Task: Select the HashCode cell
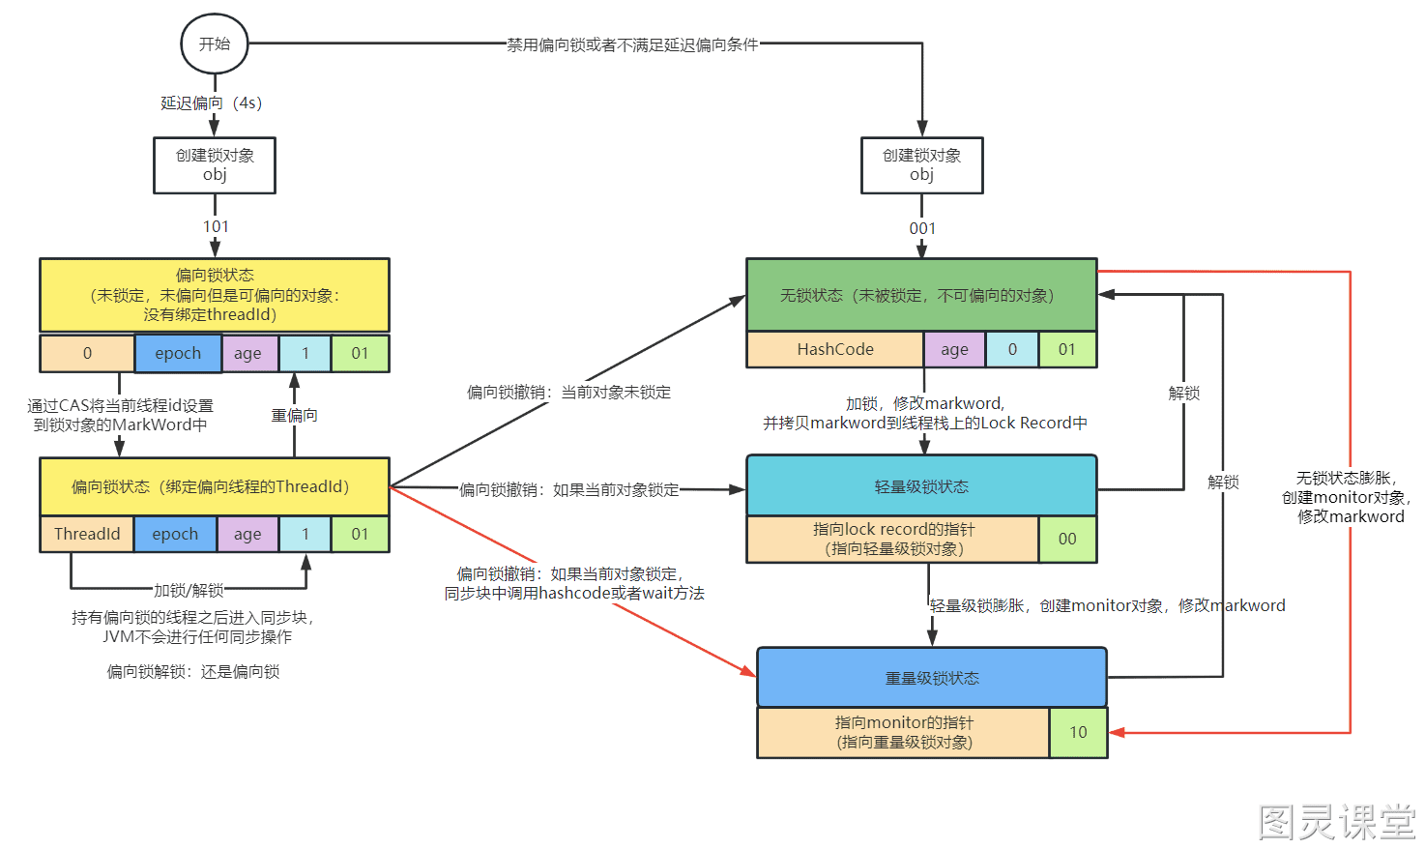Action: [835, 349]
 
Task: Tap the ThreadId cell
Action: [87, 534]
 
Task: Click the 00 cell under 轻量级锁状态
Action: [1067, 539]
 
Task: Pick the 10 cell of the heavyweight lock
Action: [1078, 733]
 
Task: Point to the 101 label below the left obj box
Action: [216, 226]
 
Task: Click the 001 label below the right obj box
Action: [922, 228]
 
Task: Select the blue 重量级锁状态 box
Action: [932, 678]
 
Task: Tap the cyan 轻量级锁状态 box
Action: [921, 485]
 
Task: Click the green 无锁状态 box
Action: [921, 295]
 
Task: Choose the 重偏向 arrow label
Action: [294, 416]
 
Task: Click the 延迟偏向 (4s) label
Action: [211, 103]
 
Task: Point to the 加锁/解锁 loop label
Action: [189, 591]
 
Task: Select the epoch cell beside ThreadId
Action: [175, 534]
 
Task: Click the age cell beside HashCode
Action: [954, 349]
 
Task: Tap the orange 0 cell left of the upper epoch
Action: [87, 353]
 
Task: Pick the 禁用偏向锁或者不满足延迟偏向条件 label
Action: [632, 44]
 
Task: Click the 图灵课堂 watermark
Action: [1337, 822]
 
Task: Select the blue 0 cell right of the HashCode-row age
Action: [1012, 349]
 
